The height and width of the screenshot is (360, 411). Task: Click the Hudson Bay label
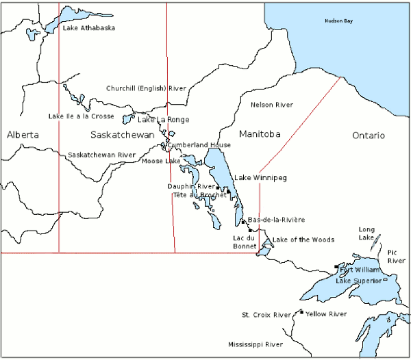coord(339,22)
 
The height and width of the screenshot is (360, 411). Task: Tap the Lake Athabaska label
coord(89,28)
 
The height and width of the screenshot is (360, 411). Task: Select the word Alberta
coord(23,135)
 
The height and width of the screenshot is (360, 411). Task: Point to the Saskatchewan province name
coord(123,135)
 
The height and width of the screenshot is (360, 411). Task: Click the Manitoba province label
coord(260,135)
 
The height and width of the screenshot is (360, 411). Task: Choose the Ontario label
coord(369,136)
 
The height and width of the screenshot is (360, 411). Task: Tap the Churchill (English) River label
coord(147,88)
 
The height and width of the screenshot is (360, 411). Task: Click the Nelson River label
coord(272,105)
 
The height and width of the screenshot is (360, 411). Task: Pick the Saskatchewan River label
coord(101,155)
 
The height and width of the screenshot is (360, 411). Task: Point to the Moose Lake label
coord(161,161)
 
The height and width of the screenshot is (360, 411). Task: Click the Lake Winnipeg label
coord(260,178)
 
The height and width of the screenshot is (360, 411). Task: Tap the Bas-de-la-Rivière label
coord(276,220)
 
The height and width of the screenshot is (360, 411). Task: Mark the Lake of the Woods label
coord(303,240)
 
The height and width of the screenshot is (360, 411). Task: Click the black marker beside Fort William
coord(336,267)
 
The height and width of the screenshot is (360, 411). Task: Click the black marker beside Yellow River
coord(301,312)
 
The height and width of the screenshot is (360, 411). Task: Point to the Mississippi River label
coord(256,344)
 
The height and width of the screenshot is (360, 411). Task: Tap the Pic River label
coord(396,257)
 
